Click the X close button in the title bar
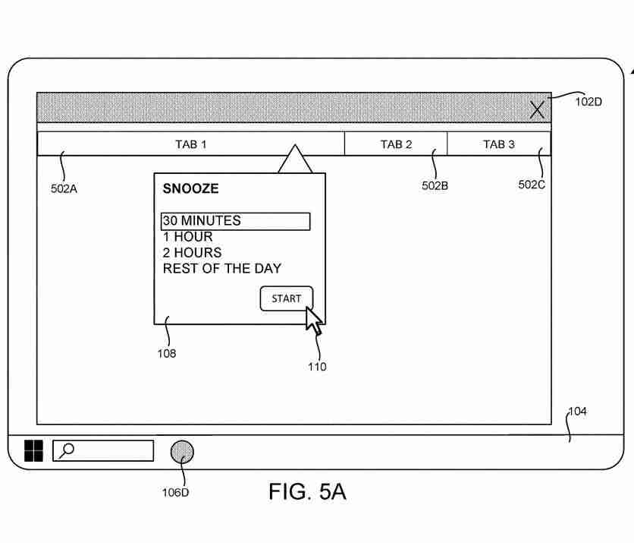(537, 109)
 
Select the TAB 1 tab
(191, 144)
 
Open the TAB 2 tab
(396, 144)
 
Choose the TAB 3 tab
(499, 144)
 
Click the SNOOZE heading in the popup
(190, 189)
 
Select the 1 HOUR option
(187, 237)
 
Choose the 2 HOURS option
(192, 253)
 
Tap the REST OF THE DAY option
(221, 269)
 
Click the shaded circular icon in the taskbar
(181, 452)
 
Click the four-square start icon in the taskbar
(34, 451)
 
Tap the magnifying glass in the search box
(67, 450)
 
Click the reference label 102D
(588, 102)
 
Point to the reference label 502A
(64, 189)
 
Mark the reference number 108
(167, 353)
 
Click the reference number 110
(317, 367)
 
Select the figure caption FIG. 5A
(307, 491)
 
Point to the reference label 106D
(175, 492)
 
